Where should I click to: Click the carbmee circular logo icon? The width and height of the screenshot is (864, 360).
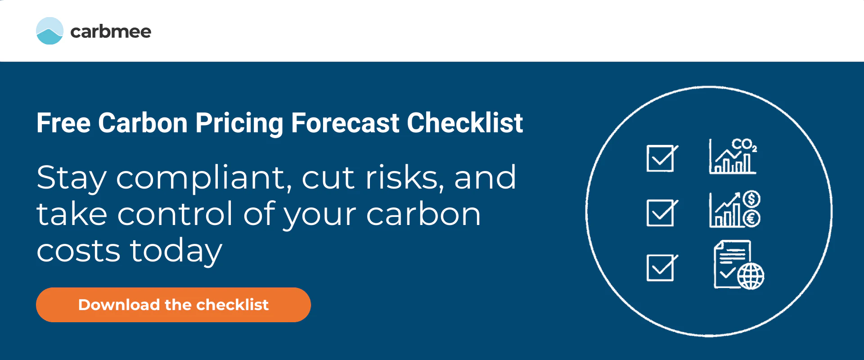coord(49,31)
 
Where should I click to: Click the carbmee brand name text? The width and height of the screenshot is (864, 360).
coord(111,31)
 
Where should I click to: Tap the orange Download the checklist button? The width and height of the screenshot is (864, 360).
coord(173,305)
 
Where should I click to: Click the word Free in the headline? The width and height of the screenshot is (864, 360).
coord(63,123)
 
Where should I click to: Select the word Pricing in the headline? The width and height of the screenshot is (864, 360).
coord(239,123)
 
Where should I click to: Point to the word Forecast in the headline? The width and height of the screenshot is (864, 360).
coord(345,123)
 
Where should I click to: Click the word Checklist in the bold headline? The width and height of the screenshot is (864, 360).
coord(465,123)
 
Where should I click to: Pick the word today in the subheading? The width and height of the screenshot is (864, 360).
coord(176,251)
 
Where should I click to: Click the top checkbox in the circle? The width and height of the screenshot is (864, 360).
coord(661,158)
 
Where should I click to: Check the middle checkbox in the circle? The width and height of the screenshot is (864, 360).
coord(661,213)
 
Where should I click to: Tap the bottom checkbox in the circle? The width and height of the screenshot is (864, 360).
coord(661,268)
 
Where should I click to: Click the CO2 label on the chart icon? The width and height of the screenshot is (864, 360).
coord(743,145)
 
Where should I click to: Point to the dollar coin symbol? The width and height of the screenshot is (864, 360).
coord(751,199)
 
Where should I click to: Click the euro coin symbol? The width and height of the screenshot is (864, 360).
coord(751,219)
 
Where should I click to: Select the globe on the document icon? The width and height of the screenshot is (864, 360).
coord(751,276)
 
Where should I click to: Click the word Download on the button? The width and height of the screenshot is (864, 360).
coord(119,305)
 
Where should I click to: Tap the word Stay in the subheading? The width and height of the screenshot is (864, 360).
coord(72,178)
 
